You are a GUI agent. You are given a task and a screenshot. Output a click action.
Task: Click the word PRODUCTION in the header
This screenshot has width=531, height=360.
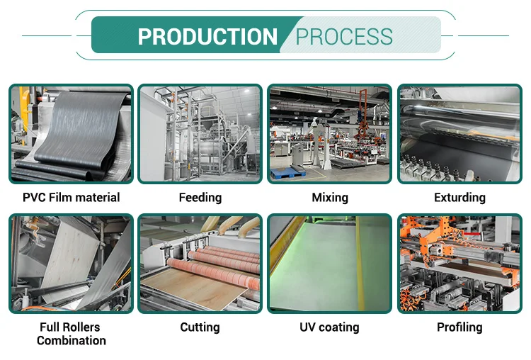(207, 37)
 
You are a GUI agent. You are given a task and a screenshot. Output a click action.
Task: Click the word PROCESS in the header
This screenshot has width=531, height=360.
(344, 37)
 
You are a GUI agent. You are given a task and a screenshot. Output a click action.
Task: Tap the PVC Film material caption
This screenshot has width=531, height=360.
(71, 198)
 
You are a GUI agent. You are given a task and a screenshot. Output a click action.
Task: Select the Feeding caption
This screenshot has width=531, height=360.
(200, 198)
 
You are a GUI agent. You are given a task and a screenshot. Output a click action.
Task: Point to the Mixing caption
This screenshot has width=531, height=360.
(330, 198)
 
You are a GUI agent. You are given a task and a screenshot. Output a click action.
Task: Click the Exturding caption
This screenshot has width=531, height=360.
(459, 198)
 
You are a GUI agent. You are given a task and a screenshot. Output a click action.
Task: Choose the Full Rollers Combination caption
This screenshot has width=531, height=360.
(71, 334)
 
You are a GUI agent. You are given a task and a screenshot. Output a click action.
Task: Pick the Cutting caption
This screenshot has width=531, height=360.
(200, 327)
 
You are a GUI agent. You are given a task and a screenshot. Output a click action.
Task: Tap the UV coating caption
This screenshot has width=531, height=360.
(330, 327)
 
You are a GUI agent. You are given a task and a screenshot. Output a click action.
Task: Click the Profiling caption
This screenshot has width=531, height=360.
(459, 327)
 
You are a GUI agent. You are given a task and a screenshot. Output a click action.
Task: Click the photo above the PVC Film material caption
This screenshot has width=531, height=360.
(71, 134)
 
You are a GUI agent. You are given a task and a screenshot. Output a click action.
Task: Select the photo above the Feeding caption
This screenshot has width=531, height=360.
(200, 134)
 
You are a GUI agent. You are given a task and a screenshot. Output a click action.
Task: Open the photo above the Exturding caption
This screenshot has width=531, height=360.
(459, 134)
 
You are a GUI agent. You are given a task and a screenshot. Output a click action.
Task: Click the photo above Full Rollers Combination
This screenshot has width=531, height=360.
(71, 264)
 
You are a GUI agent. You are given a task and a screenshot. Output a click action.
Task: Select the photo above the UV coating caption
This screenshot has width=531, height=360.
(330, 264)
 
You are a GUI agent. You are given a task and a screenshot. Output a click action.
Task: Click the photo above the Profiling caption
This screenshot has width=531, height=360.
(459, 264)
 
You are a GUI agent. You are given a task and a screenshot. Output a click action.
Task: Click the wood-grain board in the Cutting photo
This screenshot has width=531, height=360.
(177, 291)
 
